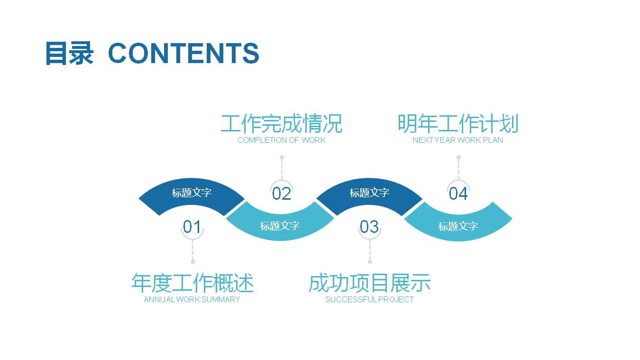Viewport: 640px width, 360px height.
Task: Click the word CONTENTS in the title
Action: point(183,53)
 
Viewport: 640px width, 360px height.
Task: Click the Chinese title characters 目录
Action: point(69,53)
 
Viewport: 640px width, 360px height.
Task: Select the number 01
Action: point(192,227)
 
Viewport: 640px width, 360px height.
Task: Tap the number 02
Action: point(281,194)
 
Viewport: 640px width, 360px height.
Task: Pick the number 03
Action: point(369,227)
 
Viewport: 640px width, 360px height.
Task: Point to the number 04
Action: point(458,194)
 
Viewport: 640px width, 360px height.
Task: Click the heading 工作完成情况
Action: point(281,124)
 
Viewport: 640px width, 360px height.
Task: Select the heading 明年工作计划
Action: point(457,124)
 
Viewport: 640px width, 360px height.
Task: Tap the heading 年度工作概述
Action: point(192,283)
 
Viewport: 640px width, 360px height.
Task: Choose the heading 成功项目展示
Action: point(369,283)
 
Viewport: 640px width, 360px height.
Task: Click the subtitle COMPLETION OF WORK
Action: point(281,140)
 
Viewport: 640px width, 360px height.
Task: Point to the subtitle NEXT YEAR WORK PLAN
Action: point(457,140)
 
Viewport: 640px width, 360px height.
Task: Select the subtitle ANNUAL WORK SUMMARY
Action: point(192,299)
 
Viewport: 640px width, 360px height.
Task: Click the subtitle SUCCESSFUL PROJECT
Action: point(369,299)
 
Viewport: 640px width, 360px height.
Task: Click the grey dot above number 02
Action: point(282,157)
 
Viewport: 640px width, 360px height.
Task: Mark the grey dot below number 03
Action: point(370,261)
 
